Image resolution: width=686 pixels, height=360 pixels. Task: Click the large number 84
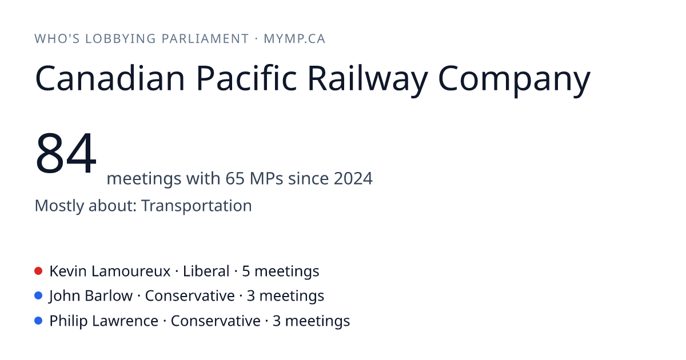(x=66, y=153)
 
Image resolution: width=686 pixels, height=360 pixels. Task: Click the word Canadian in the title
(x=110, y=78)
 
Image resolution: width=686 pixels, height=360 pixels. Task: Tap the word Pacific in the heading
(x=246, y=78)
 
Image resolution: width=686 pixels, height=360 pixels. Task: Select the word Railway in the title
(x=368, y=81)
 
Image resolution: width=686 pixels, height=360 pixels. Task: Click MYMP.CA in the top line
(x=294, y=39)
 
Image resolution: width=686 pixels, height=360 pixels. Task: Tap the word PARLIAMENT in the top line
(x=205, y=39)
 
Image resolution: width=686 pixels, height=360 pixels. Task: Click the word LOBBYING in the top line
(x=121, y=39)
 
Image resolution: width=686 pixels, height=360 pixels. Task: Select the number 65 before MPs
(x=235, y=178)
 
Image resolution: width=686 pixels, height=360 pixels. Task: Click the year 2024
(x=353, y=178)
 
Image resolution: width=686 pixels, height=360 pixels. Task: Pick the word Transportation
(x=197, y=205)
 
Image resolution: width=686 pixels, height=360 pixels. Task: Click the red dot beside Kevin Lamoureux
(x=38, y=271)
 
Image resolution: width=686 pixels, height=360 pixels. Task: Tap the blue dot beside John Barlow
(x=38, y=296)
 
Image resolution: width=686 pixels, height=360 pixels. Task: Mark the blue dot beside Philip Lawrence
(x=38, y=321)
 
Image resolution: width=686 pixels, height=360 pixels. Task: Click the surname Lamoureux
(x=131, y=271)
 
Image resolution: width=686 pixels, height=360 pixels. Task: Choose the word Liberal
(x=206, y=271)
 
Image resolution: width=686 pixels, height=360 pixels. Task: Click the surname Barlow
(x=109, y=296)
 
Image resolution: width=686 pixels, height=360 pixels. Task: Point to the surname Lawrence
(x=125, y=321)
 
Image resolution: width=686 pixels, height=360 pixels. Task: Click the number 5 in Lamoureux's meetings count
(x=246, y=271)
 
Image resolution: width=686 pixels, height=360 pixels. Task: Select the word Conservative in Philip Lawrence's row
(x=216, y=321)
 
